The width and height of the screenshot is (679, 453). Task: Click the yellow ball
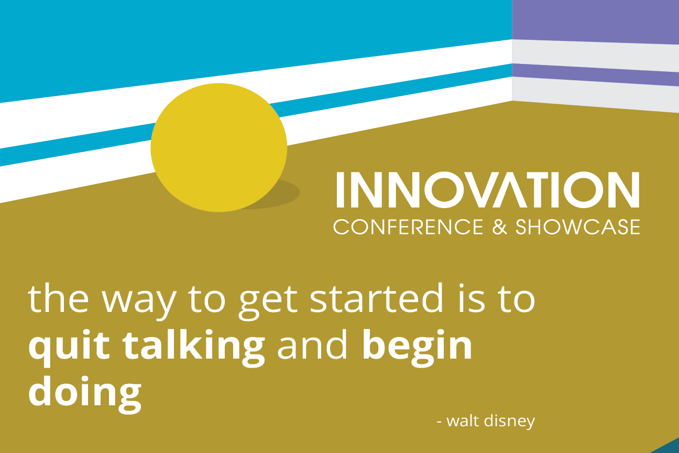(219, 147)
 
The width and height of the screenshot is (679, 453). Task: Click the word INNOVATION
(488, 190)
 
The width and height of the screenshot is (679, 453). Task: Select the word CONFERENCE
(408, 227)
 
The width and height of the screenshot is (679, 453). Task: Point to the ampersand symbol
(499, 227)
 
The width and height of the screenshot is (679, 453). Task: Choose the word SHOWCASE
(578, 227)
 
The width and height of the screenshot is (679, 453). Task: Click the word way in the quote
(139, 302)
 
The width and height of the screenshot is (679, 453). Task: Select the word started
(376, 297)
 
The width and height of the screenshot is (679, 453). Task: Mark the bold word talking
(194, 348)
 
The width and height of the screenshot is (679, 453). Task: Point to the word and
(313, 344)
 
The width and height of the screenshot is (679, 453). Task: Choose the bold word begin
(418, 348)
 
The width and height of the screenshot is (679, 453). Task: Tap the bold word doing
(85, 394)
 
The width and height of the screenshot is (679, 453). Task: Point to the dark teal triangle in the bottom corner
(670, 448)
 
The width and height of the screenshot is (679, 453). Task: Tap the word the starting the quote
(59, 297)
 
